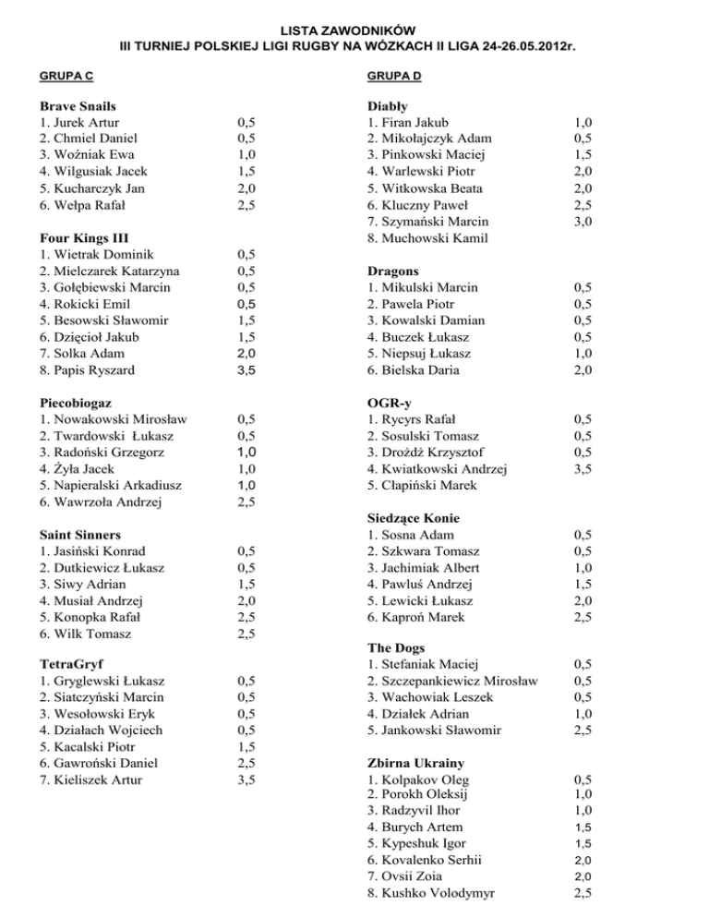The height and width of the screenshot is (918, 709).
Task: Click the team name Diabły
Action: [388, 106]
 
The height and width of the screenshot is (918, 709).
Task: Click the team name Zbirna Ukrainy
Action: [415, 764]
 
